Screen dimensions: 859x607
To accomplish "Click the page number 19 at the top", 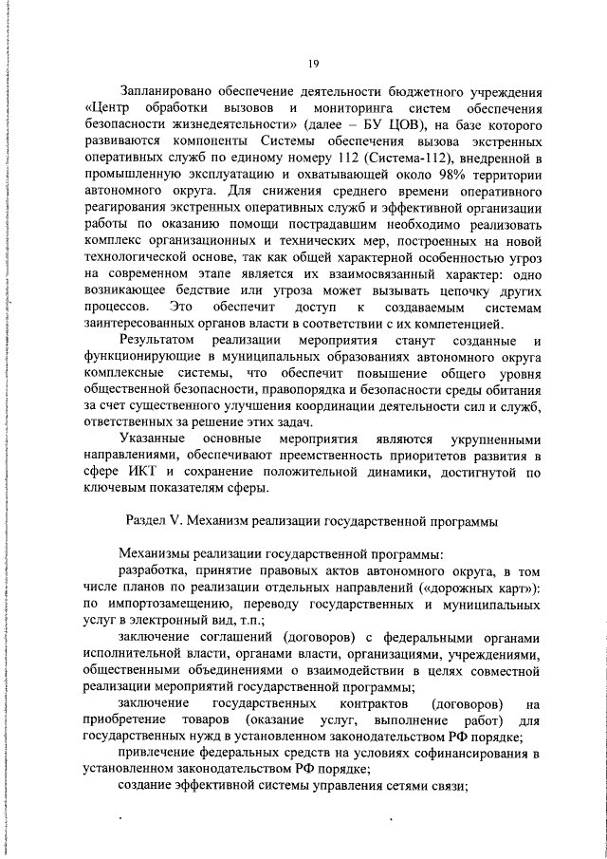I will tap(312, 65).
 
